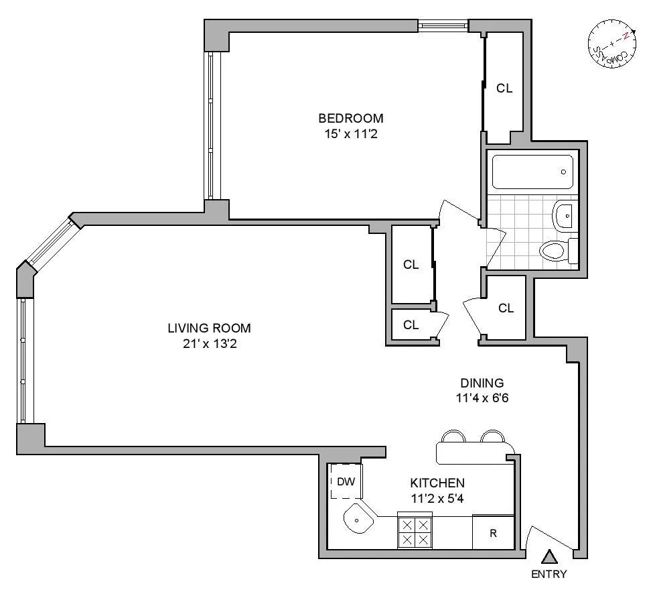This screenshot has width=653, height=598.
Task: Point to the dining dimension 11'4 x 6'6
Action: [x=482, y=397]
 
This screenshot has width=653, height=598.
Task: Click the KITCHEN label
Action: [x=437, y=483]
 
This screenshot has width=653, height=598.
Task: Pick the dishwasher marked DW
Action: [x=345, y=481]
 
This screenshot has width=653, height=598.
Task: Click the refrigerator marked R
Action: [x=493, y=534]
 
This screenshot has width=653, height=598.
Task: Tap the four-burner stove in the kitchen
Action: [x=415, y=531]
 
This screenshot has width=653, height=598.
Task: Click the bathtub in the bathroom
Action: [x=532, y=172]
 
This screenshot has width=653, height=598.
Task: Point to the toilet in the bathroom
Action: [x=555, y=251]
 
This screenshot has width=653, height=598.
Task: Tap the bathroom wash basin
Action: [x=564, y=215]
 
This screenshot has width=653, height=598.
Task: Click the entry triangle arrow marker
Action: [x=549, y=556]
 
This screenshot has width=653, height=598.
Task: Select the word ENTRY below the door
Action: [x=549, y=575]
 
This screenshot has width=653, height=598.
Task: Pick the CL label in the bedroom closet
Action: [x=504, y=88]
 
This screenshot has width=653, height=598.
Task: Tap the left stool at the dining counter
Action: [x=453, y=437]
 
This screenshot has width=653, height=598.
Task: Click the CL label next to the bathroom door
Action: [x=506, y=308]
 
